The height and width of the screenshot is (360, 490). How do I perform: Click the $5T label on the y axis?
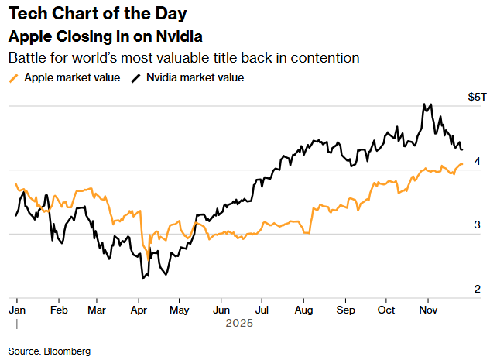[x=478, y=97]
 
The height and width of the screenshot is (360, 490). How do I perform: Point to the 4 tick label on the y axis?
[x=478, y=161]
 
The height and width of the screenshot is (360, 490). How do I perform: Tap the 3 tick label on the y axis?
[x=478, y=225]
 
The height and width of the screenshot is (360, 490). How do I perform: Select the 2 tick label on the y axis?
[x=478, y=289]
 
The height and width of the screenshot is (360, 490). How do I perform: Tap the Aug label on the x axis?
[x=303, y=309]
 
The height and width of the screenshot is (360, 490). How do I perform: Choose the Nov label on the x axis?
[x=426, y=309]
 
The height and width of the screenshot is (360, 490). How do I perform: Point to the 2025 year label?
[x=240, y=324]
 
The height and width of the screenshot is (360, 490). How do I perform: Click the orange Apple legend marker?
[x=13, y=77]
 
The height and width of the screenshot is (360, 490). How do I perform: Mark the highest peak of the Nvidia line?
[x=424, y=104]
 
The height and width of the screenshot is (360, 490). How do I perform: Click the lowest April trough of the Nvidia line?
[x=142, y=278]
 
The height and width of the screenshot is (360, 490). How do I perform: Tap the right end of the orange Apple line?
[x=462, y=164]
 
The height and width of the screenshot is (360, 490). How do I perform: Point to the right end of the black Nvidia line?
[x=462, y=149]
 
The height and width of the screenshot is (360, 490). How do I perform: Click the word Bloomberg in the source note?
[x=69, y=351]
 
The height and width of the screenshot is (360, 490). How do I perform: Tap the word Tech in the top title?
[x=25, y=14]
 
